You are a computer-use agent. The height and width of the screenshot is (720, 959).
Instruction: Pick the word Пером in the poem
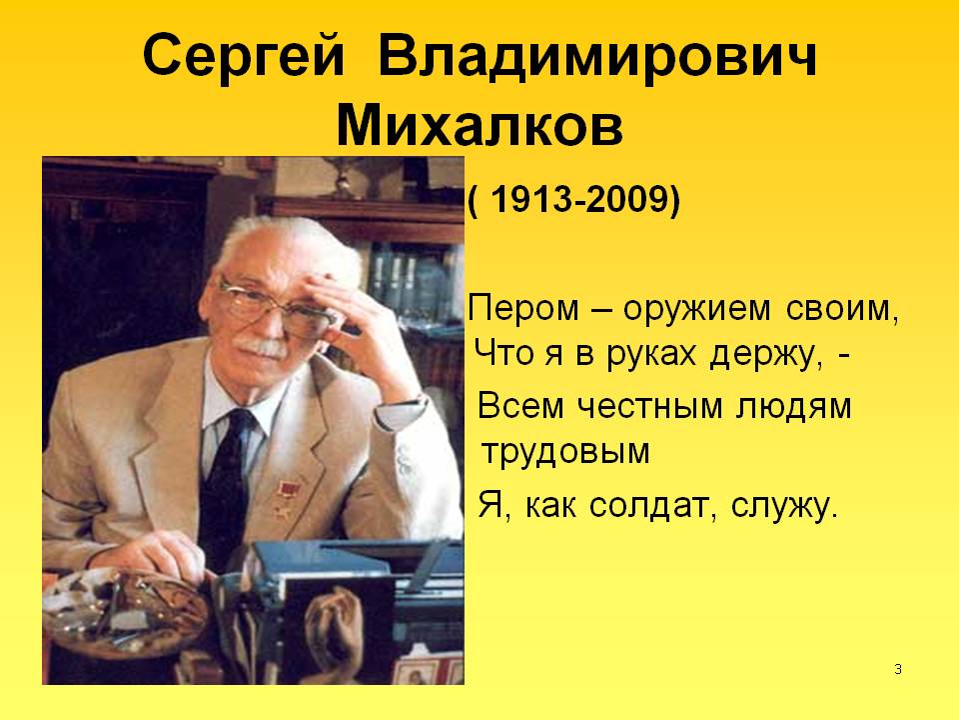(519, 308)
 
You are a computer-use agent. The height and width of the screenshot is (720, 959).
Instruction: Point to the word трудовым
(565, 453)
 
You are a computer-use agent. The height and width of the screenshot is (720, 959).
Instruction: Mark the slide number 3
(898, 668)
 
